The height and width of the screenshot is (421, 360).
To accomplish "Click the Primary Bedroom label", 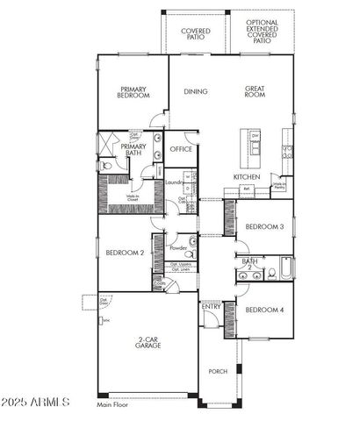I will (133, 92).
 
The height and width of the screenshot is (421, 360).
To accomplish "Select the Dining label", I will (195, 91).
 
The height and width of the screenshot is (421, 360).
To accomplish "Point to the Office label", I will (182, 149).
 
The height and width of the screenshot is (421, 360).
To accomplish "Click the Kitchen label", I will (246, 176).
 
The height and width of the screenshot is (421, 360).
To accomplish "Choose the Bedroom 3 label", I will (263, 227).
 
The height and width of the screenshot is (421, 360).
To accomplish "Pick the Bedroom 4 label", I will (263, 310).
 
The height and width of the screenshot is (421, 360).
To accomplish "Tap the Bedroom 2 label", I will (124, 253).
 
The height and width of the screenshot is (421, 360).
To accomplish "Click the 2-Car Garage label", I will (147, 342).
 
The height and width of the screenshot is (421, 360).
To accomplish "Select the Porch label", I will (217, 372).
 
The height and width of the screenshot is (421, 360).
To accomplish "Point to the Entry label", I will (211, 307).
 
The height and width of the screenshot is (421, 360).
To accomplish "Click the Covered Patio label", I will (195, 34).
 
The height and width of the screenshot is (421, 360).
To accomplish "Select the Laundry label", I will (173, 182).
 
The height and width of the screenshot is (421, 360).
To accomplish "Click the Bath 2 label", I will (250, 264).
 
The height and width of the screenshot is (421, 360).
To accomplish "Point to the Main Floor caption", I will (114, 405).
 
